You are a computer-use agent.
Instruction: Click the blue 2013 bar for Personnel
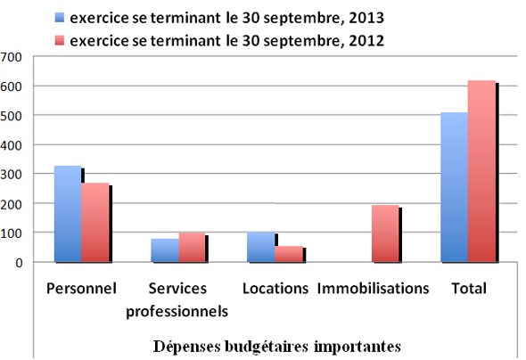point(68,214)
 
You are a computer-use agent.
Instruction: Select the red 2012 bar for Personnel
point(95,223)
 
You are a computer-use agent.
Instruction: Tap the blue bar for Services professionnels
point(164,250)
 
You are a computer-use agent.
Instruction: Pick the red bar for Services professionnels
point(192,248)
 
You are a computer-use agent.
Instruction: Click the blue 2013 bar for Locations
point(260,247)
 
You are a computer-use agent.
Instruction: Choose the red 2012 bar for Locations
point(288,254)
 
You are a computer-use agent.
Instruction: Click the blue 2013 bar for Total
point(454,187)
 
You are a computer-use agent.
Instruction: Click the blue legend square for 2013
point(60,17)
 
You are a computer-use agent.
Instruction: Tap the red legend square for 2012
point(60,40)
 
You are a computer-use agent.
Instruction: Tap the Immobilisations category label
point(374,289)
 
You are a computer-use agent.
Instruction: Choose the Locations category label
point(275,289)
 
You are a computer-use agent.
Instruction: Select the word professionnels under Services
point(177,311)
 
